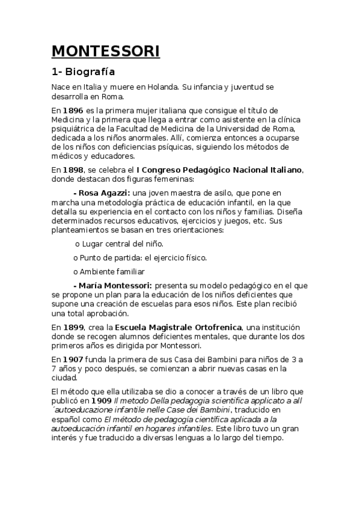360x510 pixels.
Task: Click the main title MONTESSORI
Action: [x=106, y=52]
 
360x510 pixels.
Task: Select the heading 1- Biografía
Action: [x=83, y=72]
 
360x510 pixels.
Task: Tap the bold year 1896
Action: [x=73, y=111]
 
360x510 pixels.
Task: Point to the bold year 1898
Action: [x=73, y=171]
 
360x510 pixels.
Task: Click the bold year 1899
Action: [x=73, y=327]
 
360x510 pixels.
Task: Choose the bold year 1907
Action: [x=73, y=360]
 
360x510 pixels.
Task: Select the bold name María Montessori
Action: [x=112, y=284]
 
